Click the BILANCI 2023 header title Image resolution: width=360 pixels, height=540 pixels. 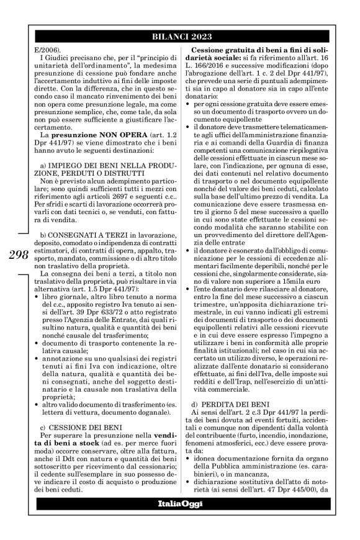pos(179,36)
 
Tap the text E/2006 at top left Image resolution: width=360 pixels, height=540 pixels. pos(43,49)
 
